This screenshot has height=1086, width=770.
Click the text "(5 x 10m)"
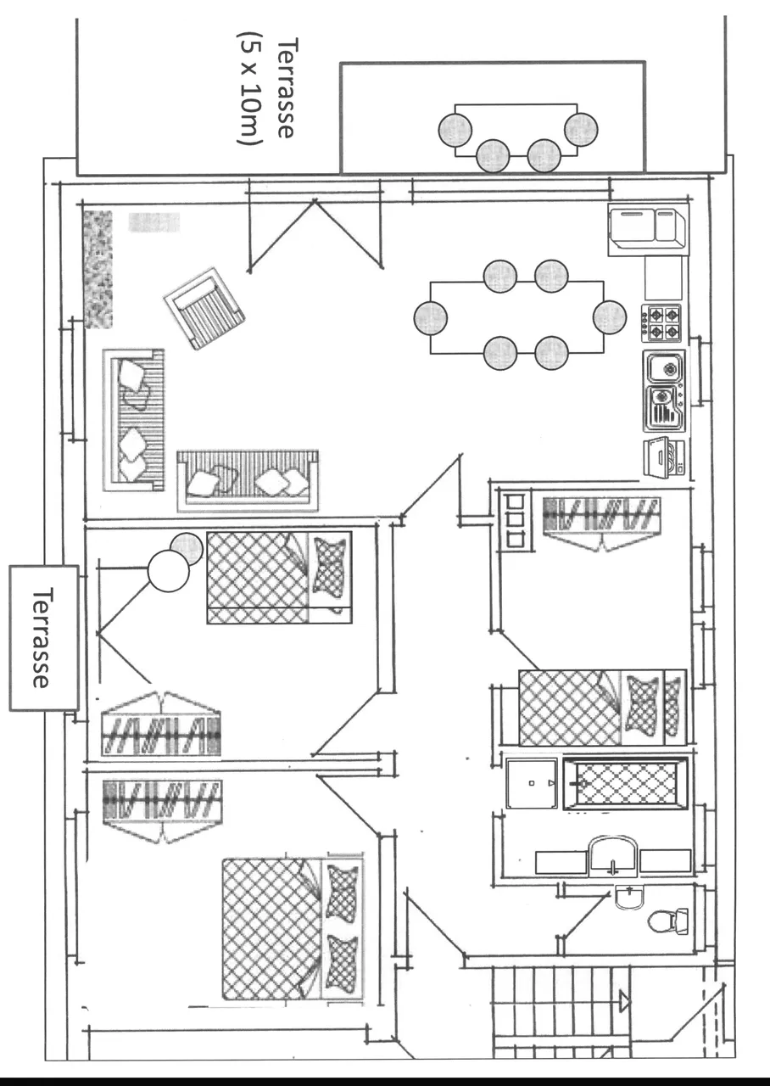coord(251,89)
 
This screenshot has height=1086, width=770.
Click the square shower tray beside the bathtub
coord(532,783)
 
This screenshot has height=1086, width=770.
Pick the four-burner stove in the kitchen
coord(661,322)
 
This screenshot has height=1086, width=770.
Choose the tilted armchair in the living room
coord(204,308)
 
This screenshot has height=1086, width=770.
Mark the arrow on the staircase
coord(625,1002)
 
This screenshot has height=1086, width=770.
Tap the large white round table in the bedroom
coord(168,571)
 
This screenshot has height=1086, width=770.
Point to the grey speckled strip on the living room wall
coord(98,269)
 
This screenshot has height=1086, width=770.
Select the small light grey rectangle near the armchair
coord(153,222)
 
